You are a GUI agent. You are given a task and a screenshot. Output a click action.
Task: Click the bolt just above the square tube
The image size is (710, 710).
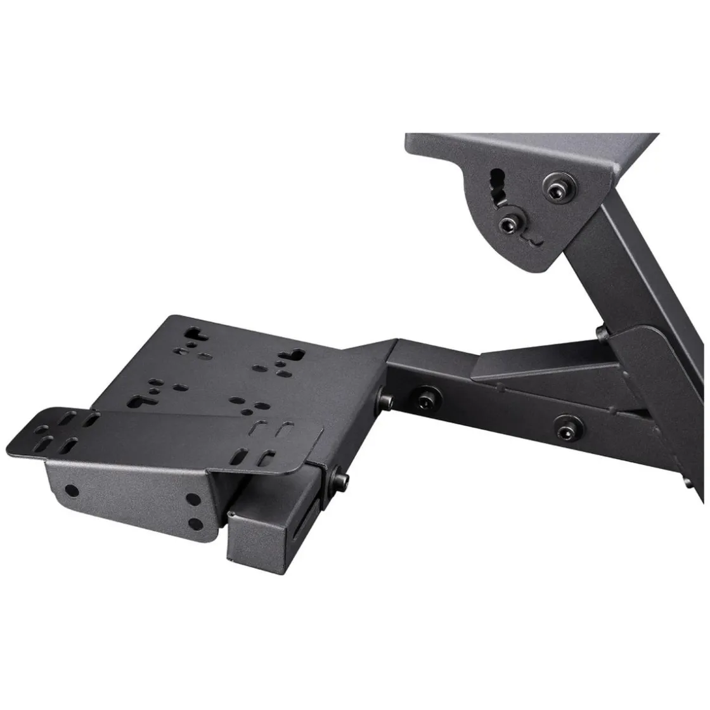tap(342, 477)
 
